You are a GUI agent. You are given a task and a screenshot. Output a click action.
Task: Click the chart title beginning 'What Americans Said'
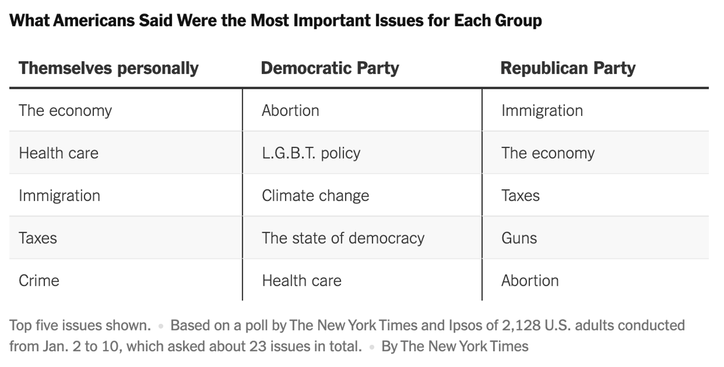pos(275,21)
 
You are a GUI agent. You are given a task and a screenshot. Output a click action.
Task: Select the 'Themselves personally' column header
pos(109,68)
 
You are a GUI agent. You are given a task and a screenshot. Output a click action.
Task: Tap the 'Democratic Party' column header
pos(330,68)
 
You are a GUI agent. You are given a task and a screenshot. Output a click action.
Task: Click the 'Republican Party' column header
pos(567,68)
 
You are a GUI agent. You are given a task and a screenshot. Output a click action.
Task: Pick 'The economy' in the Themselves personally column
pos(65,111)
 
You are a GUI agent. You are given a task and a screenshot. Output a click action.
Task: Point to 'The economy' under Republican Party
pos(547,153)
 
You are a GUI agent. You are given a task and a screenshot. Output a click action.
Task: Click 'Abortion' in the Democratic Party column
pos(290,111)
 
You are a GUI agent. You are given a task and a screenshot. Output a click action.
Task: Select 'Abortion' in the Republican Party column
pos(529,281)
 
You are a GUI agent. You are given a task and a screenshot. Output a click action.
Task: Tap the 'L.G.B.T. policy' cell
pos(311,153)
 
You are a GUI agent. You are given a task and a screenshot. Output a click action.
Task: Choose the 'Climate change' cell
pos(315,196)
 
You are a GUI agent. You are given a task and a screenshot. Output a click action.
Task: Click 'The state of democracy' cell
pos(343,238)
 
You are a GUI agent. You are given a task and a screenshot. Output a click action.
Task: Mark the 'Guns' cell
pos(519,238)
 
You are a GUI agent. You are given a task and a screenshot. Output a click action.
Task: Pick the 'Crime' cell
pos(39,281)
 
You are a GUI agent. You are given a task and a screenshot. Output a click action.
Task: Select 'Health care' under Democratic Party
pos(301,281)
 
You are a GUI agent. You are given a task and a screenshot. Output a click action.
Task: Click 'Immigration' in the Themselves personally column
pos(59,196)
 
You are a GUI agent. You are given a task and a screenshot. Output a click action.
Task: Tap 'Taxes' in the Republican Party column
pos(520,196)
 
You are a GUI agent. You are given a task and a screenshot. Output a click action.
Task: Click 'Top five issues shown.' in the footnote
pos(80,325)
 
